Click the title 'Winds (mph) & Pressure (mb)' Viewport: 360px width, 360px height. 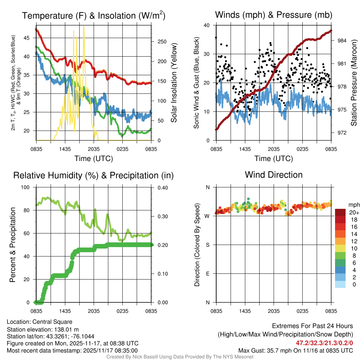(274, 15)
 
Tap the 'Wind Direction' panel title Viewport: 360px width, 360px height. (274, 175)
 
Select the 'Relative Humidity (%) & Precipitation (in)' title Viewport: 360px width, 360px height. (93, 175)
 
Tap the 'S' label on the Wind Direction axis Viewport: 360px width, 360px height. (207, 245)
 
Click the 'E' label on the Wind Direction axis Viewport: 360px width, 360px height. (207, 274)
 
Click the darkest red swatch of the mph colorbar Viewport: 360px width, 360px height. (340, 212)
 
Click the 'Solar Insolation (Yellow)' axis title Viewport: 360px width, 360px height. (174, 83)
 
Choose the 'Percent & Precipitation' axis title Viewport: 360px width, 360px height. (13, 245)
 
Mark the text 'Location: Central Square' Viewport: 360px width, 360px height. (39, 322)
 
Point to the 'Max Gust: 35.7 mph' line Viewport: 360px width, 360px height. (295, 351)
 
